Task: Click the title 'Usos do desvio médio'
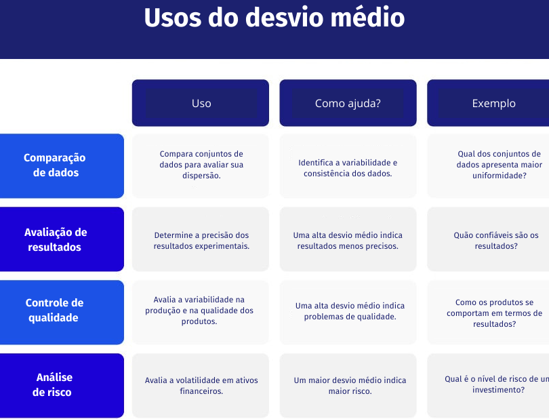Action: tap(274, 17)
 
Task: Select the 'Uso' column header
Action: tap(201, 103)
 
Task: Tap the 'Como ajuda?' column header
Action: tap(348, 103)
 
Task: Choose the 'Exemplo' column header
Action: tap(488, 103)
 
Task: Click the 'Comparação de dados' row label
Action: tap(62, 165)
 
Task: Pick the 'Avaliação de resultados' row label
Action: tap(62, 239)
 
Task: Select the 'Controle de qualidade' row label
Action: tap(62, 312)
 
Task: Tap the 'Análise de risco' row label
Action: tap(62, 385)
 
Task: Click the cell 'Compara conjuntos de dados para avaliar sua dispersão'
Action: tap(201, 165)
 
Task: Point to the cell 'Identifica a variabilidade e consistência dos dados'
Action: tap(348, 165)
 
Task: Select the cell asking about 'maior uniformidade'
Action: tap(488, 165)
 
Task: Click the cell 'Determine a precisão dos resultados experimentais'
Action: tap(201, 239)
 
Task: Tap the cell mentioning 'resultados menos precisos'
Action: tap(348, 239)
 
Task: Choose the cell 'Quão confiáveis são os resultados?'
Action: tap(488, 239)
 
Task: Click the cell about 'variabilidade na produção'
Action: tap(201, 312)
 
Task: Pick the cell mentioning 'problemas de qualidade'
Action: tap(348, 312)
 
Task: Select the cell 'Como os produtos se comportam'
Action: tap(488, 312)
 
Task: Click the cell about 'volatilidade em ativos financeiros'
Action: tap(201, 385)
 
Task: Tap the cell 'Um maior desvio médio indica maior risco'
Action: tap(348, 385)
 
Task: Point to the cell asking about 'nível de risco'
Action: tap(488, 385)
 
